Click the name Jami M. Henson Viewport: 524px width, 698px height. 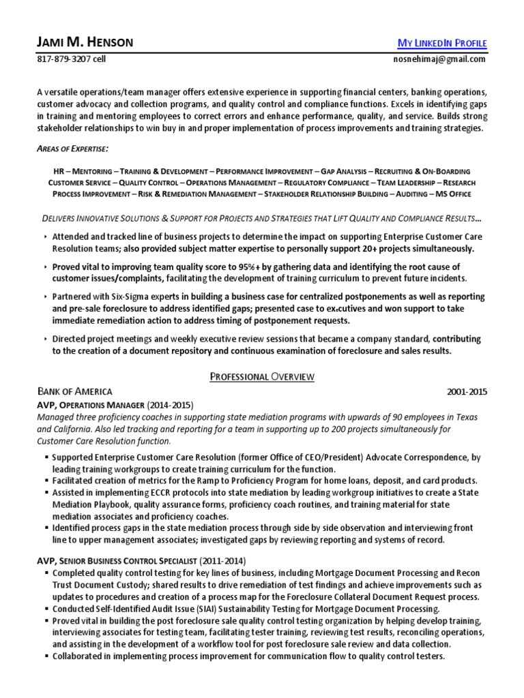tap(85, 43)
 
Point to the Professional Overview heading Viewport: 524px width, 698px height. tap(261, 376)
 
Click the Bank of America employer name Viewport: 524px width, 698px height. tap(75, 392)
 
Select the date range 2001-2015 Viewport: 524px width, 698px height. tap(467, 392)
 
